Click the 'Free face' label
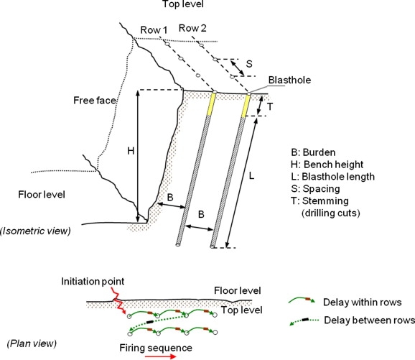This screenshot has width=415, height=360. click(95, 101)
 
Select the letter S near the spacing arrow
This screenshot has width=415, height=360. click(249, 64)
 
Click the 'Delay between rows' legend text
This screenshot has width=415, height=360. click(369, 320)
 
